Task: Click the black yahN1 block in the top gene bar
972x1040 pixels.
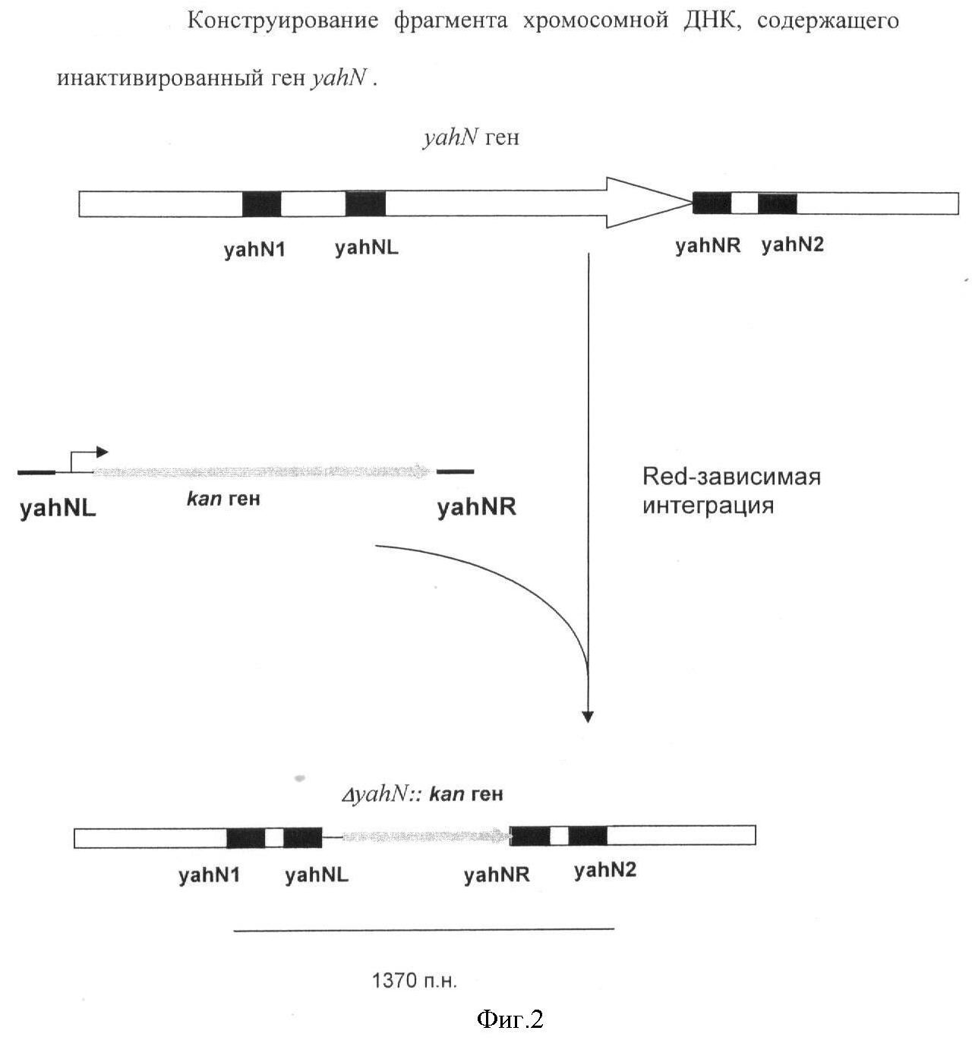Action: click(261, 204)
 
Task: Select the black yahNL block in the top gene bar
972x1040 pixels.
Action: click(365, 204)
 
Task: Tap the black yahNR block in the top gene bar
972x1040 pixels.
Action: click(712, 203)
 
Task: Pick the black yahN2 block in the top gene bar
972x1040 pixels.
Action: click(777, 203)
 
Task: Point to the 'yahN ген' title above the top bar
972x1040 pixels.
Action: click(471, 137)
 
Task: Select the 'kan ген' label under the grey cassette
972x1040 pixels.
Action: click(223, 499)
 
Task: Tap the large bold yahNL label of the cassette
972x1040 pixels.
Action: click(58, 509)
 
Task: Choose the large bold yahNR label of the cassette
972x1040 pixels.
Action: click(476, 507)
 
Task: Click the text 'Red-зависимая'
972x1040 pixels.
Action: click(731, 477)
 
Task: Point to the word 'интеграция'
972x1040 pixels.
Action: click(708, 506)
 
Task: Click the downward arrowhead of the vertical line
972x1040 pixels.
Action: click(587, 716)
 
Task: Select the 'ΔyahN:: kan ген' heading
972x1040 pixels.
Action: click(422, 794)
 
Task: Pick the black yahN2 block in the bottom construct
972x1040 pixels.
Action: click(588, 836)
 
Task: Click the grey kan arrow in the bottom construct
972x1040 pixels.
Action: click(425, 837)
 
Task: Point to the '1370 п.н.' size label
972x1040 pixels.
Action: click(415, 981)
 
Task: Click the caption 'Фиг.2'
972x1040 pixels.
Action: click(510, 1019)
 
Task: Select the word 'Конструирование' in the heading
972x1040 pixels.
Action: click(282, 20)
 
